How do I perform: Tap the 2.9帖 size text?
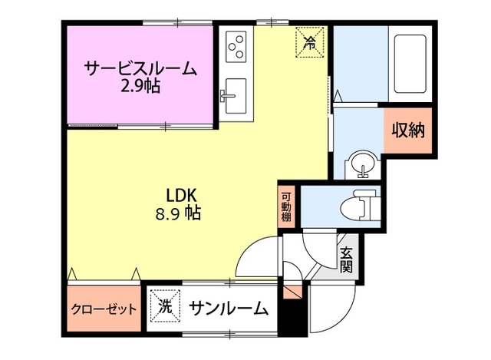click(140, 87)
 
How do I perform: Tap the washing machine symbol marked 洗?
click(165, 308)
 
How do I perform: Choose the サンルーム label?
click(228, 309)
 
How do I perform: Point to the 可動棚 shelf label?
click(285, 205)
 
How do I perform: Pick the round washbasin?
click(360, 165)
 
